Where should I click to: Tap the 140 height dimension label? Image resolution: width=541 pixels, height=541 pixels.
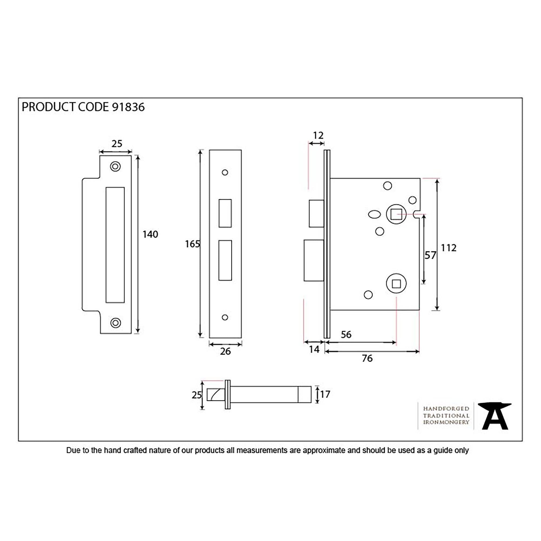150,234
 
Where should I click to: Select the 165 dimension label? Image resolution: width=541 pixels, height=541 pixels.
192,244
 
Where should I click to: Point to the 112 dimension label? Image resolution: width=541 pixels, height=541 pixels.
448,248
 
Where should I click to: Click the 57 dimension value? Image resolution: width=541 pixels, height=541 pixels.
430,255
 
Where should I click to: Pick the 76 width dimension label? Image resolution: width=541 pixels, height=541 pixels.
367,358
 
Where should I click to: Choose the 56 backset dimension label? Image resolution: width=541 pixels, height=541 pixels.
346,334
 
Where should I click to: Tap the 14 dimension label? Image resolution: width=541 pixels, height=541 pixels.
314,349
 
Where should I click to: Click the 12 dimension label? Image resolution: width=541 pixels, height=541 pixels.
318,135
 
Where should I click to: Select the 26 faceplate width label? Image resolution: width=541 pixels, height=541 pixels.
225,351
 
